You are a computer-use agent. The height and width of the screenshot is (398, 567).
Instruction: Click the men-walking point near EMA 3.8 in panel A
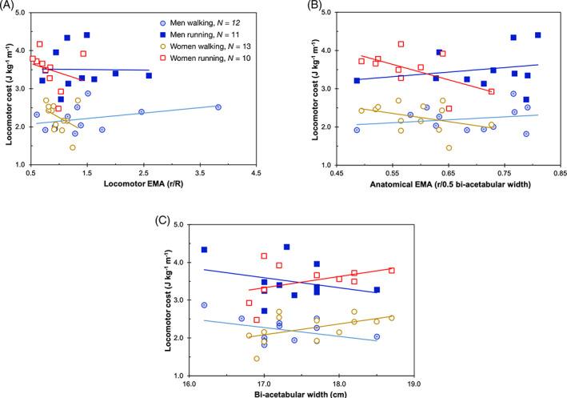[x=218, y=107]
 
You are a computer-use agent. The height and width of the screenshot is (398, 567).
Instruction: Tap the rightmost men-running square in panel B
[x=537, y=35]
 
